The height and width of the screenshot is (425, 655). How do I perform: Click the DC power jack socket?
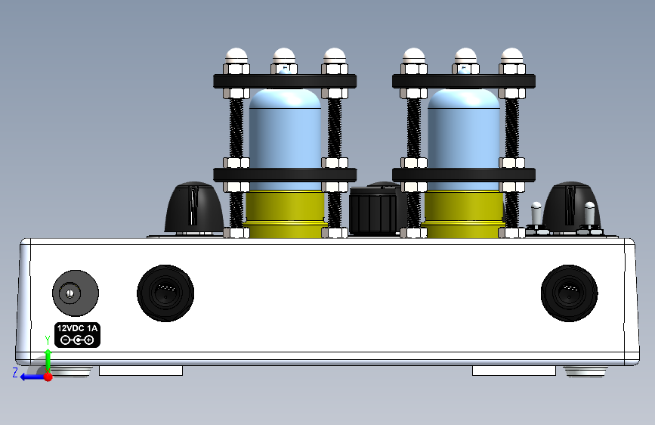coord(76,293)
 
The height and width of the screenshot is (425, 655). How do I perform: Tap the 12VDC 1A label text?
coord(77,328)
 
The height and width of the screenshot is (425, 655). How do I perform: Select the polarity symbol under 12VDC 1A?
coord(77,340)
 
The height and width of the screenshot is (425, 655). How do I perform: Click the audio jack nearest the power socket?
coord(165,293)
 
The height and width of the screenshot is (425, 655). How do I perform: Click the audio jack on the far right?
coord(570,293)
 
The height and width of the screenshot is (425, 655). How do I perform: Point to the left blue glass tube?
coord(286,138)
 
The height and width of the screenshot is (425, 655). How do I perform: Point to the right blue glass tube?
coord(464,138)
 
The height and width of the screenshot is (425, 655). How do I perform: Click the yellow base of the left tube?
coord(286,214)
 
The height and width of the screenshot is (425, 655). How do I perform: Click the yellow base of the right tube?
coord(464,214)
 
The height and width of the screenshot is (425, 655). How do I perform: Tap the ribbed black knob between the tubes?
coord(373,209)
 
